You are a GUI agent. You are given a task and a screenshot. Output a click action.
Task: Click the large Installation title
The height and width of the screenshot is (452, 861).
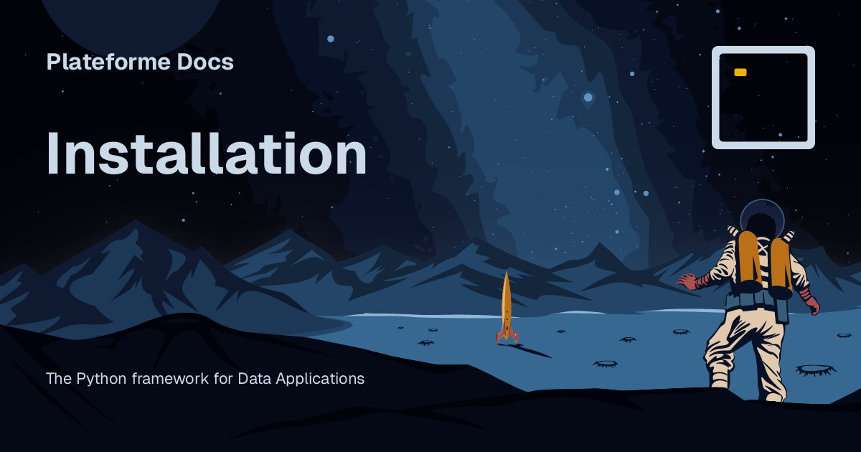207,155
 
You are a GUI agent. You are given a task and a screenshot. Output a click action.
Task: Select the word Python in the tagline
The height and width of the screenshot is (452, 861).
102,378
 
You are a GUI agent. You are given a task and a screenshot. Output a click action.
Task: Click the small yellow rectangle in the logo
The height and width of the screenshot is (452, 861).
740,72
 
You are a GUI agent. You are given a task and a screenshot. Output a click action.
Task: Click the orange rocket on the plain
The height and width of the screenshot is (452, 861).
507,305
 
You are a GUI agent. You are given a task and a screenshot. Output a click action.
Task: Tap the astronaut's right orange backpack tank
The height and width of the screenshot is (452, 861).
780,263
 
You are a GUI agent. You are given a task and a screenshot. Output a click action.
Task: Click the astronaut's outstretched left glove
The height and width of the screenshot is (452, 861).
687,281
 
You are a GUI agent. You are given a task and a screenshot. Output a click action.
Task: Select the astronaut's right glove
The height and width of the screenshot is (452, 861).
812,304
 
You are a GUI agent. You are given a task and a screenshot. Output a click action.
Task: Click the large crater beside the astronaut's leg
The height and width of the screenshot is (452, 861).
816,369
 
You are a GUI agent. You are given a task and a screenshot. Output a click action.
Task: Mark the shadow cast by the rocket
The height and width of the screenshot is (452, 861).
531,350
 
